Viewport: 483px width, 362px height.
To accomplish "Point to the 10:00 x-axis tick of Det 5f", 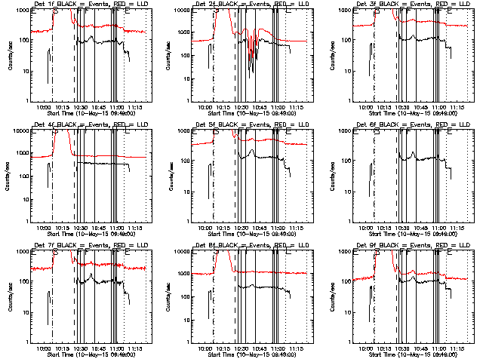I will pyautogui.click(x=205, y=227).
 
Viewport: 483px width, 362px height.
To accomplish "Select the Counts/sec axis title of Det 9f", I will pyautogui.click(x=329, y=296).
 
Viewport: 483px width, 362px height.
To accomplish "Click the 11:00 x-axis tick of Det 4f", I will pyautogui.click(x=117, y=227).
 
